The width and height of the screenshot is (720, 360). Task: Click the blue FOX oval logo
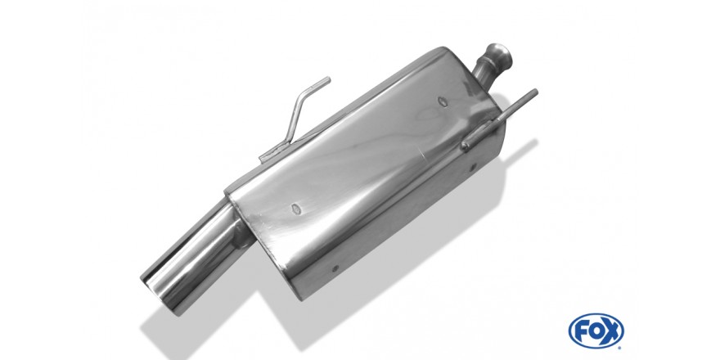click(x=596, y=331)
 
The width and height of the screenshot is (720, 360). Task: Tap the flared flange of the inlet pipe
click(x=498, y=54)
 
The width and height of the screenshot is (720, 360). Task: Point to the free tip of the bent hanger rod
click(x=328, y=79)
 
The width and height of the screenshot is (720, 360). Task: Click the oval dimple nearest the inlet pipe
click(x=442, y=101)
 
